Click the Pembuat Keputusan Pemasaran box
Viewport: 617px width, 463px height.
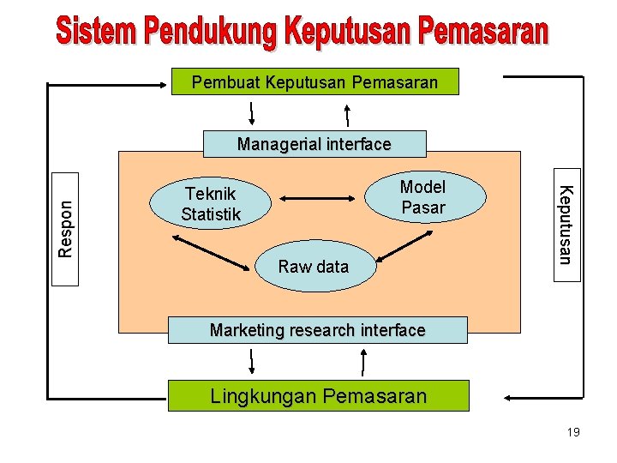[x=314, y=81]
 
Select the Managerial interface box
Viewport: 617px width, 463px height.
[x=314, y=144]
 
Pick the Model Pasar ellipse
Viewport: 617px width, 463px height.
[x=423, y=197]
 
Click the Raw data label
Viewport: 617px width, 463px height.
[x=314, y=267]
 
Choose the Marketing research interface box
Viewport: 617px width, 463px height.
[x=317, y=330]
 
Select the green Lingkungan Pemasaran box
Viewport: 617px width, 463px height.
[x=318, y=396]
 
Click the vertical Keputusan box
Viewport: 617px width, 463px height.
[x=566, y=224]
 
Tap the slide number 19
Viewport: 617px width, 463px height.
[x=573, y=432]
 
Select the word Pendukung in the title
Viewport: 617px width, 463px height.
[x=211, y=33]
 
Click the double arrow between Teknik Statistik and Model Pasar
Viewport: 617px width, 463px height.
[x=318, y=199]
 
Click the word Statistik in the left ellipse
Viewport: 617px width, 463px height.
[x=211, y=214]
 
